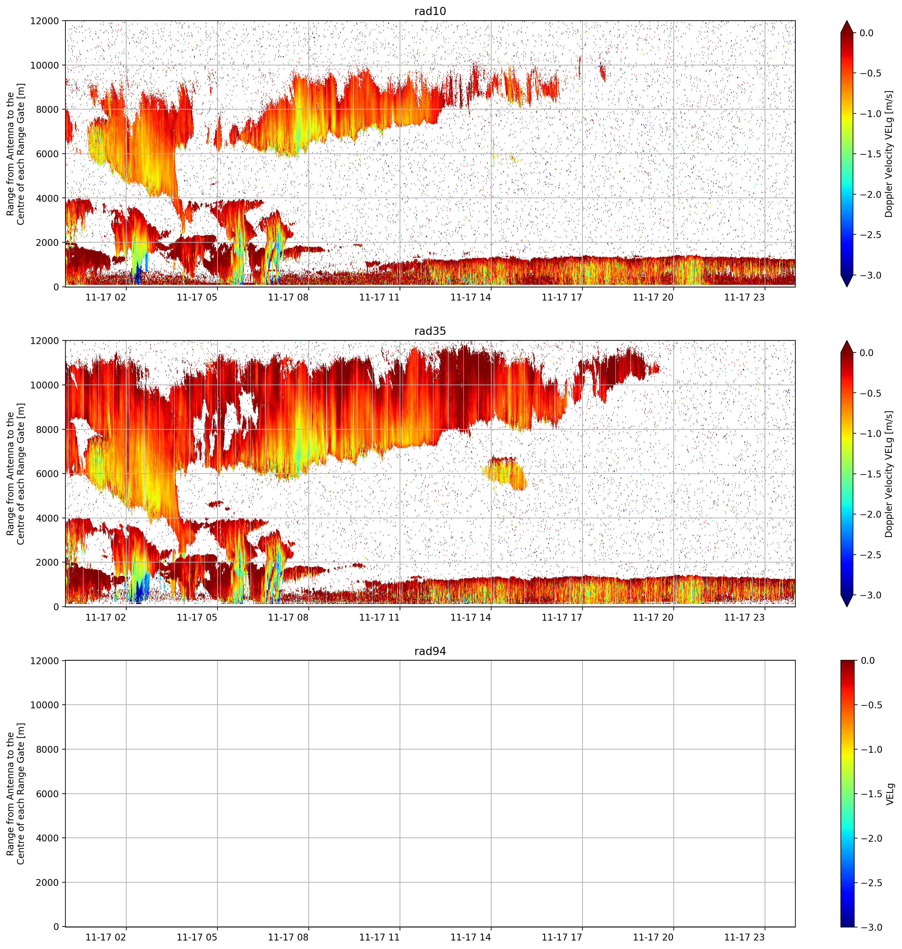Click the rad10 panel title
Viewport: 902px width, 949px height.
(x=430, y=11)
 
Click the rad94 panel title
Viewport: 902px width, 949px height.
(x=430, y=651)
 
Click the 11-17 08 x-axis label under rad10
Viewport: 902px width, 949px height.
(x=288, y=297)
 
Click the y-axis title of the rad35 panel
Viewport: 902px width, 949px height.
(x=15, y=474)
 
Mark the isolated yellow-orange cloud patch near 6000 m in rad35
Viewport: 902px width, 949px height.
(x=505, y=474)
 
